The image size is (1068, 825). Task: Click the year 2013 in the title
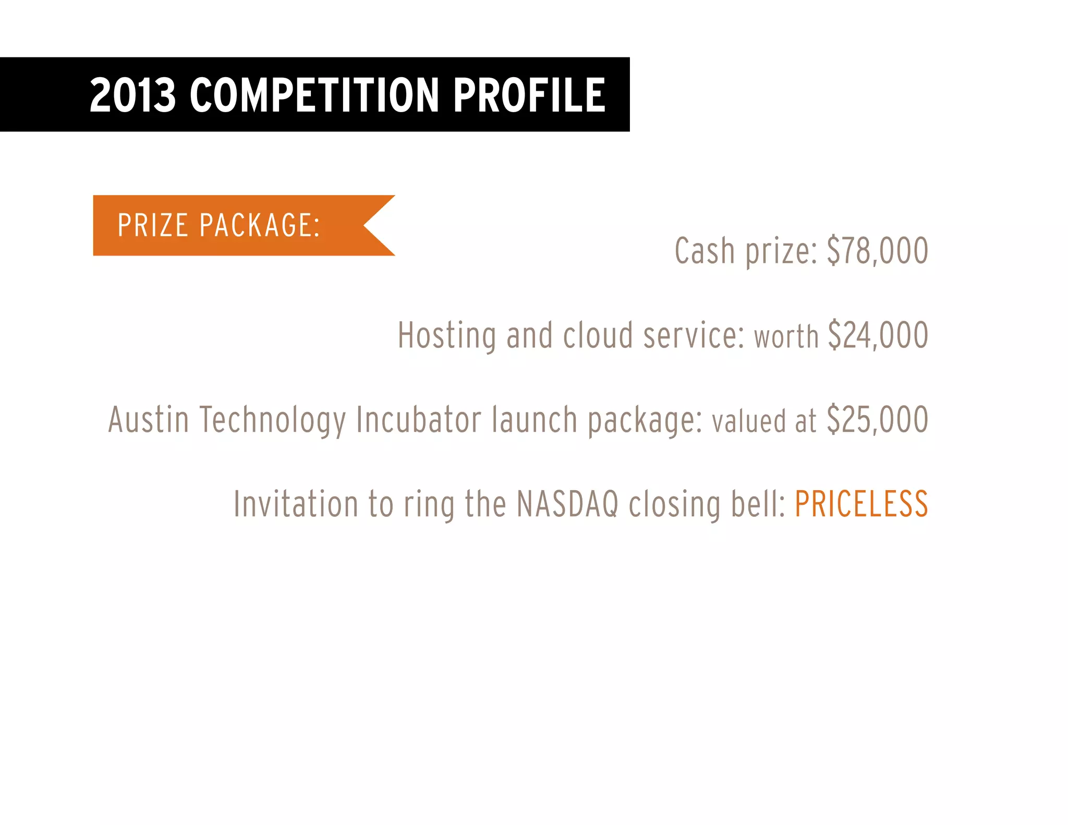click(x=132, y=95)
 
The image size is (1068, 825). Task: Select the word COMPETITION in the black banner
click(x=314, y=95)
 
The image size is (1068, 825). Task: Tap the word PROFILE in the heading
click(x=529, y=95)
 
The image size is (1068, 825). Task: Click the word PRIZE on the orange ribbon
click(x=152, y=225)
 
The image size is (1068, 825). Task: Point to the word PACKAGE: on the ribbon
click(x=260, y=225)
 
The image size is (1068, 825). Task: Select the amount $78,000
click(x=877, y=251)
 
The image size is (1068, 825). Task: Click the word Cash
click(x=705, y=251)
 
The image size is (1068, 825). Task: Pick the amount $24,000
click(x=878, y=335)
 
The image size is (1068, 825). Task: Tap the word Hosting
click(x=446, y=335)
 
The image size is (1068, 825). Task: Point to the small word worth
click(x=786, y=337)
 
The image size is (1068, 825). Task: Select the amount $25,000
click(x=877, y=420)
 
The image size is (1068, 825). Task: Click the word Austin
click(x=148, y=420)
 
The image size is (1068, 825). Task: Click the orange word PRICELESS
click(x=861, y=504)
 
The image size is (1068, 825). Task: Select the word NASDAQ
click(x=567, y=504)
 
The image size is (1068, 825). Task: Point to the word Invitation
click(x=296, y=504)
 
